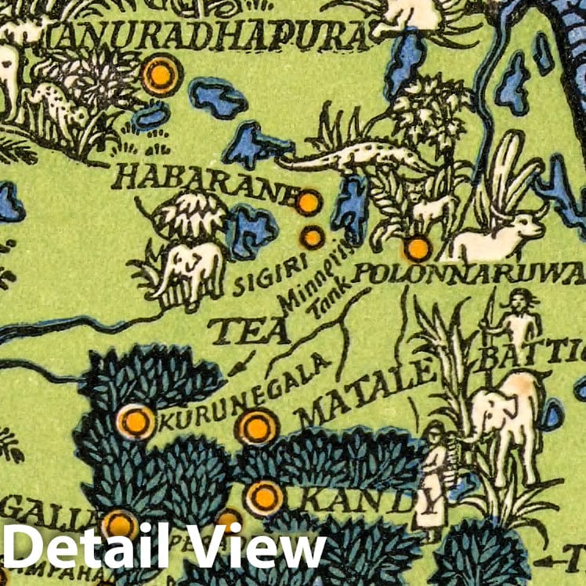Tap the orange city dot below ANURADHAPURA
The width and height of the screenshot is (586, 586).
[160, 75]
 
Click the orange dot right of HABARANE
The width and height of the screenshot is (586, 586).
[308, 203]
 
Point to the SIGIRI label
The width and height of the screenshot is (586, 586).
[259, 280]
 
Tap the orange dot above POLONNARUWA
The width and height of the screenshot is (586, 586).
[418, 249]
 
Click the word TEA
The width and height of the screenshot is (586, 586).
[250, 331]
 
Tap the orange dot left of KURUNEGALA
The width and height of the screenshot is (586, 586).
[136, 421]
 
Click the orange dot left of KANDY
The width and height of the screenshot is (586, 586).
[263, 497]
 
